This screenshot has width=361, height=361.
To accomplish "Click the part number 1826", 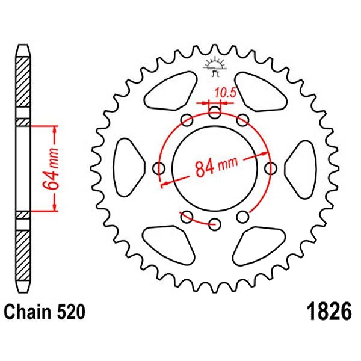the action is pos(329,312).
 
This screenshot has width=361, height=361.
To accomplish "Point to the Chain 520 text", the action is pos(45,312).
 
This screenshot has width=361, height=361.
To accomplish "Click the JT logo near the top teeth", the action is pos(215,67).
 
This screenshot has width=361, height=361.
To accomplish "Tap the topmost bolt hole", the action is pos(215,113).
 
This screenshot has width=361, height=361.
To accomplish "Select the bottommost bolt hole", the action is pos(215,224).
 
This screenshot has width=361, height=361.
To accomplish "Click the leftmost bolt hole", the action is pos(159,168).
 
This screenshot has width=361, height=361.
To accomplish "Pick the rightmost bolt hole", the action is pos(271,168).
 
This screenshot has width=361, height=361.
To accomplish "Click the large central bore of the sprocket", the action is pos(215,168).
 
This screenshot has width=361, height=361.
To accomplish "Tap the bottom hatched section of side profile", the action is pos(23,256).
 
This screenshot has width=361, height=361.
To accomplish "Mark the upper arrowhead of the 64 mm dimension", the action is pos(55,129).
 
